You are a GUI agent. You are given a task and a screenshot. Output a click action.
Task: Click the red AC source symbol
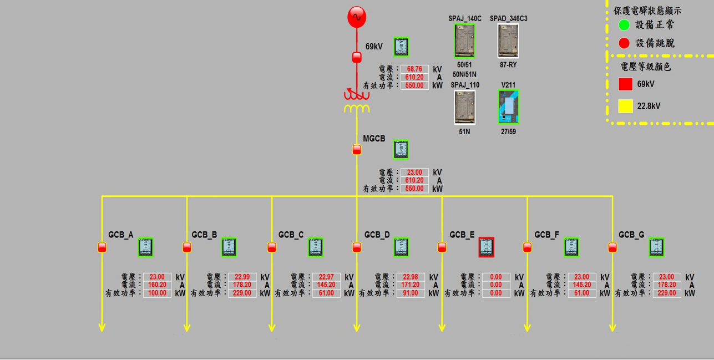click(x=357, y=17)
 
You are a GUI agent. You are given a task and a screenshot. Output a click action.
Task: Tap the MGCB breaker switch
click(x=357, y=149)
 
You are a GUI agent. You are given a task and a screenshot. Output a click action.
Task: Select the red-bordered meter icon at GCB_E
click(x=486, y=247)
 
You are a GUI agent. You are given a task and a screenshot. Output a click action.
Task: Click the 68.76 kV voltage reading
click(x=414, y=69)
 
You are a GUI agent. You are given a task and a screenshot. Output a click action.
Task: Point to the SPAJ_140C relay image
click(x=464, y=41)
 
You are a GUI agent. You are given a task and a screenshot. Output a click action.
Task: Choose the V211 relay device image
click(x=508, y=107)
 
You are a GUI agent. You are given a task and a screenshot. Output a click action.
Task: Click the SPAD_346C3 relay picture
click(x=508, y=41)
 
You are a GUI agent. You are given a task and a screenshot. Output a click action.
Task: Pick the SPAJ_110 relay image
click(x=464, y=107)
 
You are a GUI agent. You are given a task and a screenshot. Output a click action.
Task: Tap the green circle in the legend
click(x=624, y=25)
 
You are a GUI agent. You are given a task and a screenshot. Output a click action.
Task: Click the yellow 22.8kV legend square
click(x=625, y=106)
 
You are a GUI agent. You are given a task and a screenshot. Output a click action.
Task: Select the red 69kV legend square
click(x=625, y=84)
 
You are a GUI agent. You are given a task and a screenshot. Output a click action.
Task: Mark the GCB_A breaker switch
click(x=102, y=247)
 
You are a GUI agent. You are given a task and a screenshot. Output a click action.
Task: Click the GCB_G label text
click(x=631, y=235)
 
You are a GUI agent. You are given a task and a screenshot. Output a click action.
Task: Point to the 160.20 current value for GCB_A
click(x=157, y=285)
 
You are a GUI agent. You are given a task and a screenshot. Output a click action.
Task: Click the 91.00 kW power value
click(x=410, y=293)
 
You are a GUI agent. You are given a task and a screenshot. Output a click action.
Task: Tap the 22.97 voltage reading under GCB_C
click(x=326, y=277)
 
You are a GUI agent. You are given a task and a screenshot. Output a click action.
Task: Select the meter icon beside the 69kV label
click(x=401, y=47)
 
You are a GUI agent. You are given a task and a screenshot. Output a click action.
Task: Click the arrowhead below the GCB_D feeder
click(x=357, y=327)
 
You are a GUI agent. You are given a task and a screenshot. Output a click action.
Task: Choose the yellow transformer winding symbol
click(x=357, y=109)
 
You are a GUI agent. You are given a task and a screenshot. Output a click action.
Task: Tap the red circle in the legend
click(x=624, y=43)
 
